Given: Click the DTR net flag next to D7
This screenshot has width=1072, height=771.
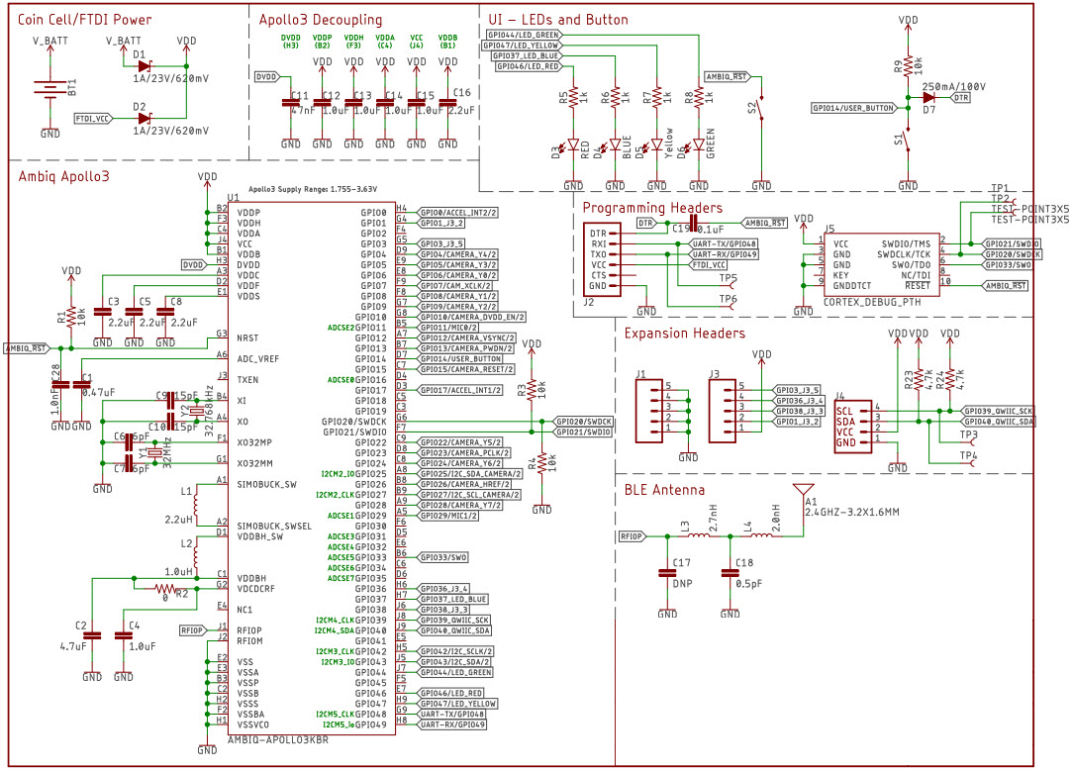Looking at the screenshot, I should [961, 98].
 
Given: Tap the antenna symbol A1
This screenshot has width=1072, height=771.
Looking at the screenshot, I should [806, 492].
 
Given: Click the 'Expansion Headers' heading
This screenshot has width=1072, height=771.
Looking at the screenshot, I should [685, 334].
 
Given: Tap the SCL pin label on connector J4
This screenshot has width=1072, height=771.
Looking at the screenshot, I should [844, 410].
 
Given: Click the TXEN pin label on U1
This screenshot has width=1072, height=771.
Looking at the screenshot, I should [249, 379].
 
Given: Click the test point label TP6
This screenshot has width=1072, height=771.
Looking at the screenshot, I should [728, 299].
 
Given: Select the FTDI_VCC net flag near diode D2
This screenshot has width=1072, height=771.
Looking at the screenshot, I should [92, 118].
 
